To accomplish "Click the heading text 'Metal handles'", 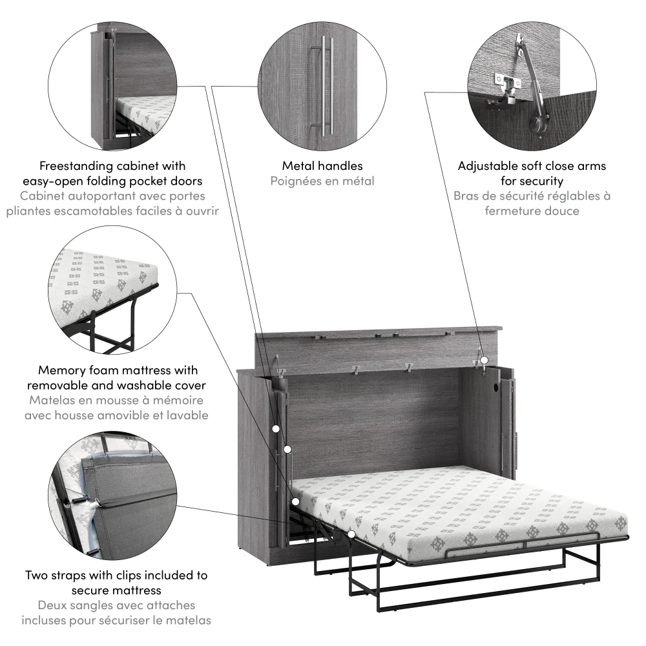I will pos(322,166).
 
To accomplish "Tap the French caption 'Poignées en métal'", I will pos(322,181).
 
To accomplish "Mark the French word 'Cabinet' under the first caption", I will pos(45,196).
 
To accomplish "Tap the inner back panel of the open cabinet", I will pos(375,413).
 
